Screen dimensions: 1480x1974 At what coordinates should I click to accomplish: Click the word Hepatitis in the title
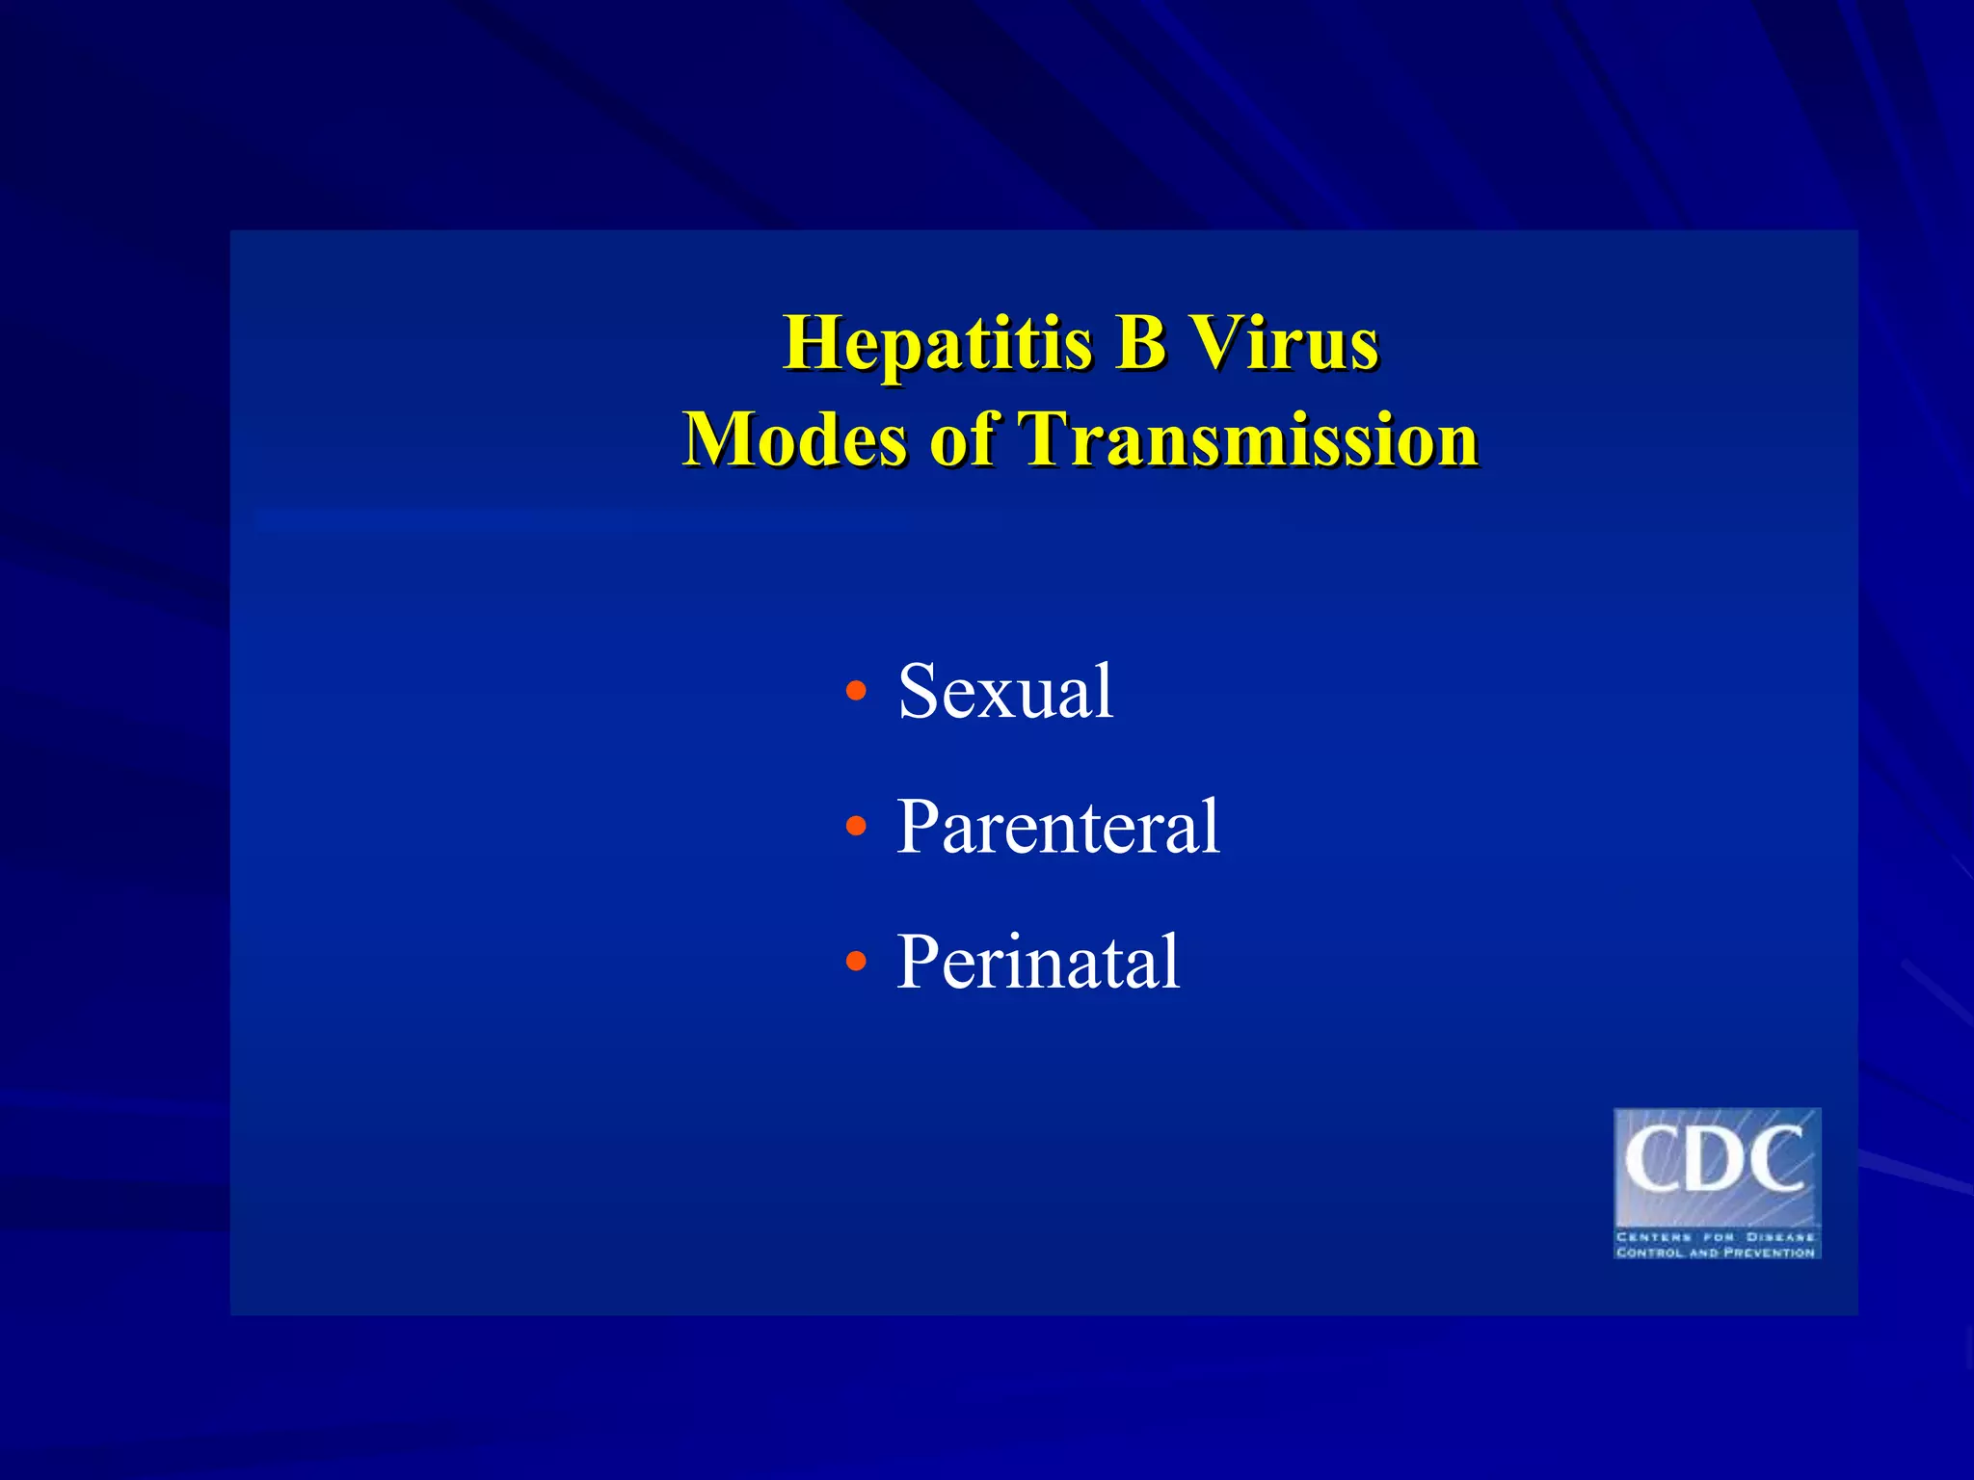[937, 345]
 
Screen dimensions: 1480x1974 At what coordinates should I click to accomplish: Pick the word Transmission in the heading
[1248, 439]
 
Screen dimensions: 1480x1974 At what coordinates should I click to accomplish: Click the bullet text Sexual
[1005, 691]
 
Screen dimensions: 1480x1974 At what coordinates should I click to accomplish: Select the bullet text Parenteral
[1057, 827]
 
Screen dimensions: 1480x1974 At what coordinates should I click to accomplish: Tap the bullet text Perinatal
[1038, 962]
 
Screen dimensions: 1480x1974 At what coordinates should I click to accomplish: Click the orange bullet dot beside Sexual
[855, 692]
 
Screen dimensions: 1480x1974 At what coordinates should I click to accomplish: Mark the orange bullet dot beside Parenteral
[855, 827]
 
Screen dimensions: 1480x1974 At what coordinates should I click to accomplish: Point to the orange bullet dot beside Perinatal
[855, 962]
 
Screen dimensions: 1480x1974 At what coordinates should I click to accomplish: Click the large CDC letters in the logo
[1715, 1162]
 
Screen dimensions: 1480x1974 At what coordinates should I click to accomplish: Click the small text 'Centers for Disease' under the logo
[1717, 1236]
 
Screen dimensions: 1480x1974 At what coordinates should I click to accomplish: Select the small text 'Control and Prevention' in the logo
[1717, 1252]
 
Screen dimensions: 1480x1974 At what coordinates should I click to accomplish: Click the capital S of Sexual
[920, 691]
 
